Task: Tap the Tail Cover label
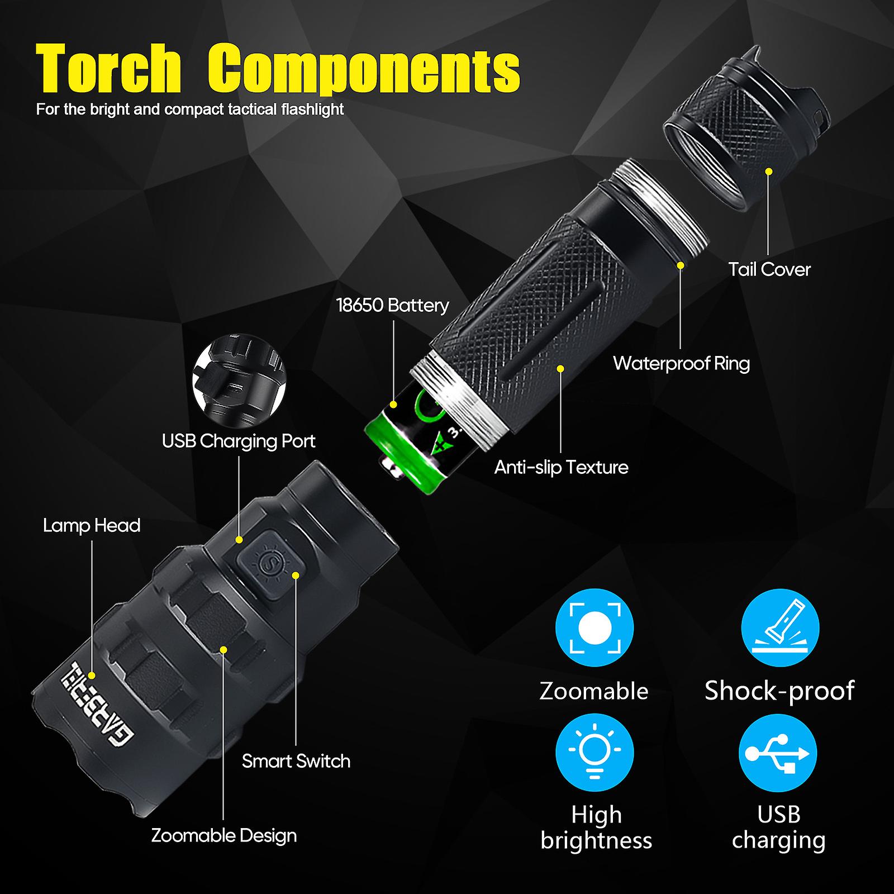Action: tap(769, 269)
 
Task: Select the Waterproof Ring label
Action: tap(681, 363)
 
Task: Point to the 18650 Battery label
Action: tap(392, 305)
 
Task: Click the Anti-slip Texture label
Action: tap(561, 467)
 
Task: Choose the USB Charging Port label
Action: tap(239, 441)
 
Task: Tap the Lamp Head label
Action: tap(92, 525)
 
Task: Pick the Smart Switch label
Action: tap(296, 761)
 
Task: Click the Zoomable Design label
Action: tap(223, 835)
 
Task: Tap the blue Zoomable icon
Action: tap(595, 627)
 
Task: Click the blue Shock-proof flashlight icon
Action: tap(780, 627)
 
